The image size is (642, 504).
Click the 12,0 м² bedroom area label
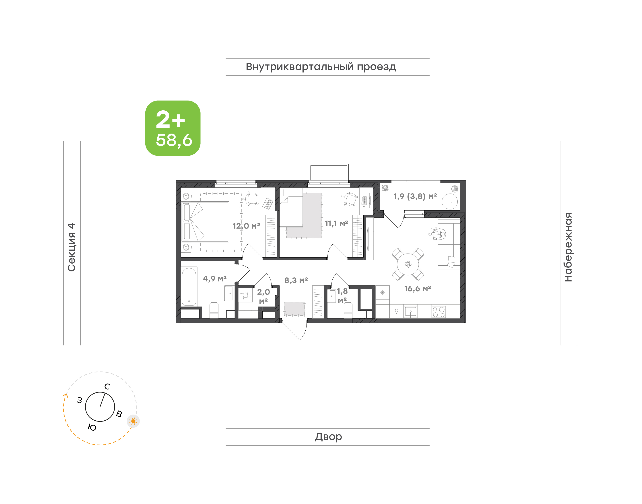click(246, 226)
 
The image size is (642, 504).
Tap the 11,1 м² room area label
click(336, 223)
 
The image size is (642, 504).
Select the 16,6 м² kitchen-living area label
click(418, 289)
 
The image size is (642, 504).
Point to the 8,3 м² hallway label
click(296, 280)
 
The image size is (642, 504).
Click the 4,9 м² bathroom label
click(215, 279)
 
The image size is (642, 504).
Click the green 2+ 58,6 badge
click(173, 128)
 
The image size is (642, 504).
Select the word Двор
click(328, 437)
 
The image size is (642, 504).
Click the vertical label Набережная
click(568, 247)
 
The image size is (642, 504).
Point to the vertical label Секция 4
click(72, 247)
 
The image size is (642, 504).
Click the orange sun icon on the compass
click(133, 421)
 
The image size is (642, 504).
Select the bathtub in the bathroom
click(189, 287)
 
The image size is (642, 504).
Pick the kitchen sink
click(411, 312)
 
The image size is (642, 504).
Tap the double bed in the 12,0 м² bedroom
click(205, 222)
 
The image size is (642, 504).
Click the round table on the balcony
click(450, 201)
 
